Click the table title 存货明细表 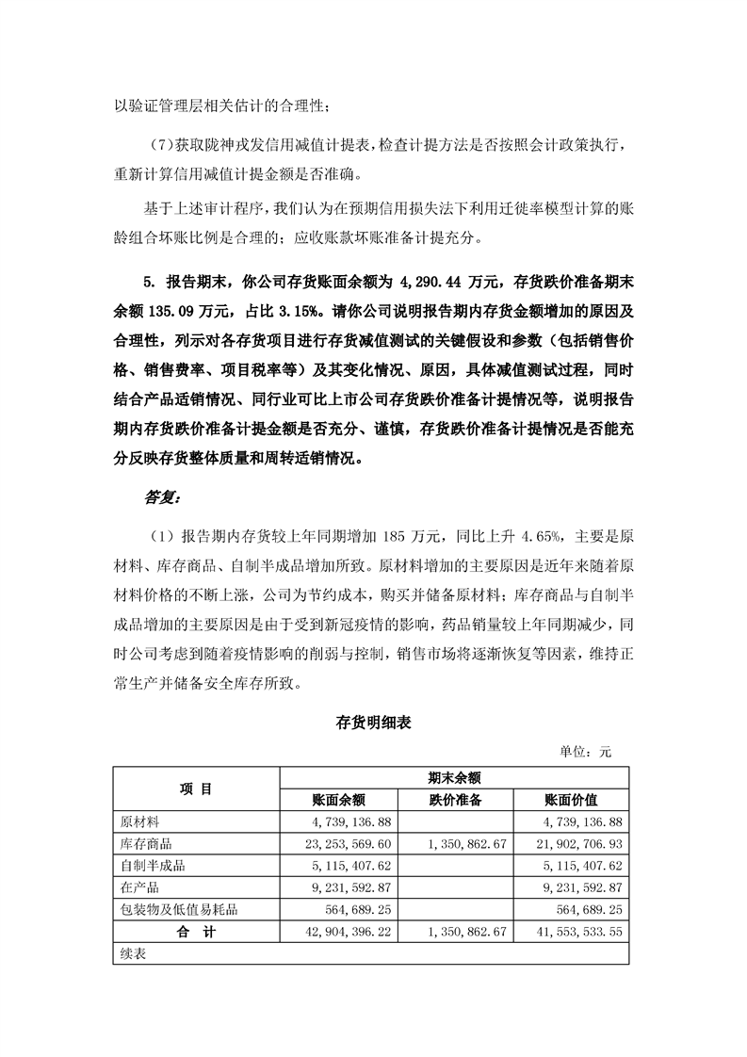[x=372, y=724]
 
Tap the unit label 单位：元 [x=586, y=752]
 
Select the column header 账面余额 [x=338, y=800]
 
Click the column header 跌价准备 [x=455, y=800]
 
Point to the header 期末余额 [x=454, y=778]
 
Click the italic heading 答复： [x=163, y=496]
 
